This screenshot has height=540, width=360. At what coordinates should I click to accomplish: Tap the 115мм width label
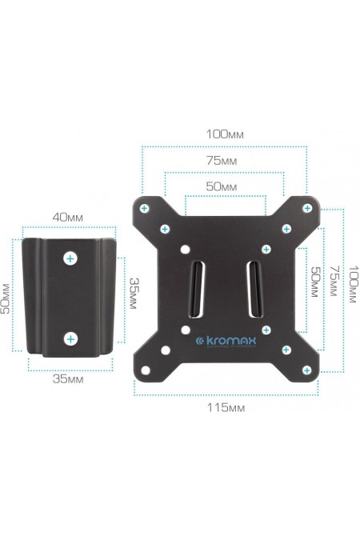(226, 408)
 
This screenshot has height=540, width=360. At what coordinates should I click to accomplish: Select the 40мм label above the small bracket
(68, 218)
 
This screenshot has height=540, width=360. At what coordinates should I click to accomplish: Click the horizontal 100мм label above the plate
(225, 134)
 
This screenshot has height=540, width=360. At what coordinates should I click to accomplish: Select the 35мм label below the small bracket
(68, 380)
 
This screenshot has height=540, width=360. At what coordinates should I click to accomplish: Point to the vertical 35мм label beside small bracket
(135, 296)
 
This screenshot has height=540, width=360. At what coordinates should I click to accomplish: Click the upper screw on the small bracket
(71, 258)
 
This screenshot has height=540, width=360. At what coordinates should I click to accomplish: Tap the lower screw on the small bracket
(71, 338)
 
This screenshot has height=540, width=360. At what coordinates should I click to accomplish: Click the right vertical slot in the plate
(253, 287)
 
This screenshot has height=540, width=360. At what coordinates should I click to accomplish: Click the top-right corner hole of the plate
(306, 208)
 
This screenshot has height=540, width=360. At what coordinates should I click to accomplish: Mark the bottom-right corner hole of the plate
(306, 370)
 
